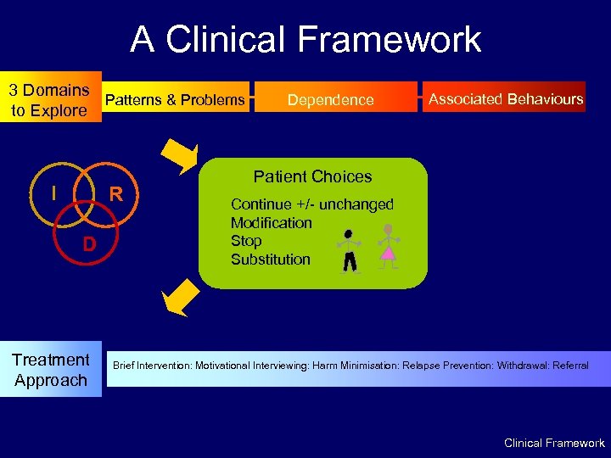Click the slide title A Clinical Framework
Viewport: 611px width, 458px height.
305,39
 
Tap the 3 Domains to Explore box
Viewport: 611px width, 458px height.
49,100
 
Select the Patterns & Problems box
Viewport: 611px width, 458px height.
175,100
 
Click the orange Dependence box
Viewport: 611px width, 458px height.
331,100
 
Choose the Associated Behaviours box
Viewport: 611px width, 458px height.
506,99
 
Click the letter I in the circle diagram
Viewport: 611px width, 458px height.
53,193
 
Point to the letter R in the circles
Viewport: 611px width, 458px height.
117,194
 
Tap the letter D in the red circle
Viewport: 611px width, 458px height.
88,245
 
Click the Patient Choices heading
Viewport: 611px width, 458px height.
312,176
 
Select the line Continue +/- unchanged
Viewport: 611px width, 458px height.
312,204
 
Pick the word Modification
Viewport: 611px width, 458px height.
272,223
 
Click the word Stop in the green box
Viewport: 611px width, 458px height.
246,241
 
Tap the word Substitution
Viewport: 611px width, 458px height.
271,260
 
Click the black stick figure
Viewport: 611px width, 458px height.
349,251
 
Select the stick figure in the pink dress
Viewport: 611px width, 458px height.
388,246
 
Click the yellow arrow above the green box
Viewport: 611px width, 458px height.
180,156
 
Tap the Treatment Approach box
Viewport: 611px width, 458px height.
50,370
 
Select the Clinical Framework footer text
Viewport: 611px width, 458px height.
554,443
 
